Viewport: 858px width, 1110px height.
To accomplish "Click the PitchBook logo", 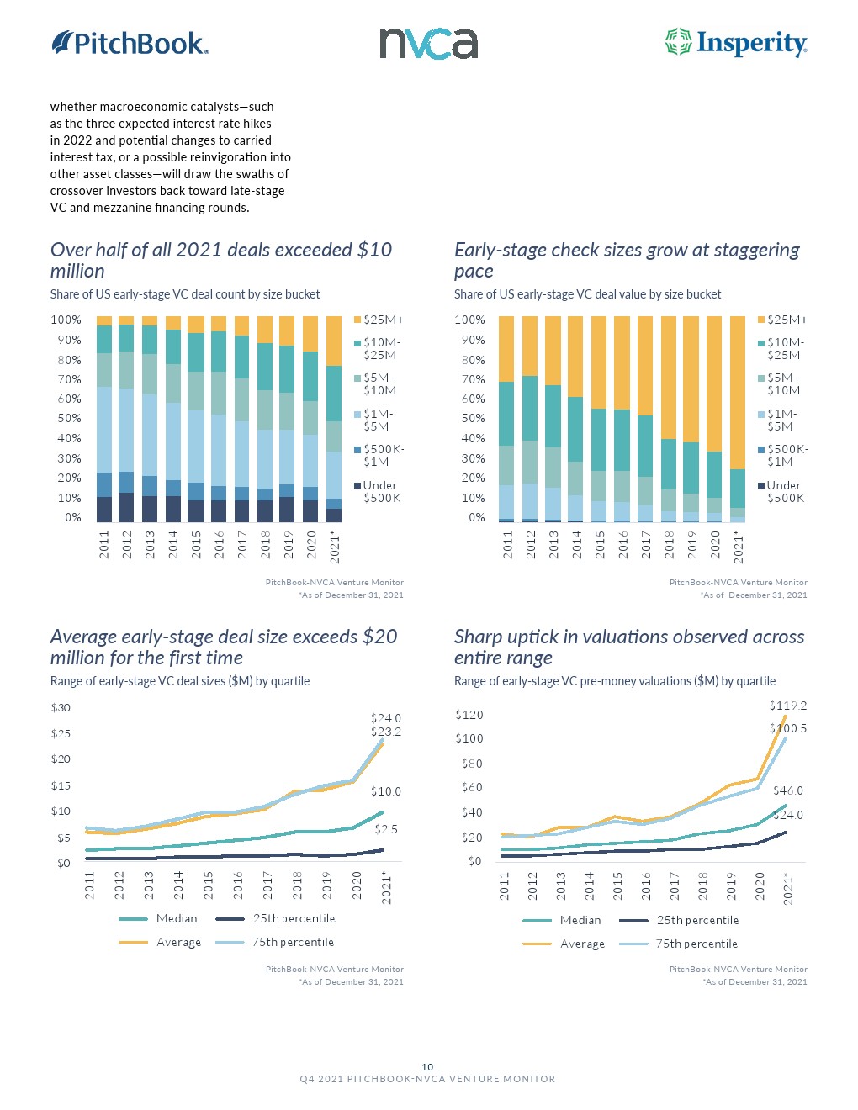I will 130,43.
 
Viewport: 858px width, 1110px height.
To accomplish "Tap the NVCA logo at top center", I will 428,44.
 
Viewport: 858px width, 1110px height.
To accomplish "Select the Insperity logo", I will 736,43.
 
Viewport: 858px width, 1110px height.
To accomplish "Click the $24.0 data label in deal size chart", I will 386,718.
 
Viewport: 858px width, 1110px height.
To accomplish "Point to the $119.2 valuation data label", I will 787,706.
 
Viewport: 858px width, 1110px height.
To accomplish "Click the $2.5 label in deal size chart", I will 386,829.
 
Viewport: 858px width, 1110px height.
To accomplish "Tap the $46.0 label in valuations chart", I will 788,790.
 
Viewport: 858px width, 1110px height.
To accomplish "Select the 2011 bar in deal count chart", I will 104,419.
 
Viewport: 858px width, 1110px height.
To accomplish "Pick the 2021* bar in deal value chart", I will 738,419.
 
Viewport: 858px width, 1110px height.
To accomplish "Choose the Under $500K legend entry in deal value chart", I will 784,492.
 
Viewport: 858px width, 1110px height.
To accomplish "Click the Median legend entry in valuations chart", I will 580,920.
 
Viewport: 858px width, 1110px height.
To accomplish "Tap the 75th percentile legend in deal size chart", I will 293,942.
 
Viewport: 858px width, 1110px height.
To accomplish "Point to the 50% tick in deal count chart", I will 66,418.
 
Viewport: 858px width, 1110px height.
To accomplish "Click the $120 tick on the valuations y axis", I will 469,715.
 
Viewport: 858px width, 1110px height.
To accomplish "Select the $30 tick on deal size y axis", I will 61,707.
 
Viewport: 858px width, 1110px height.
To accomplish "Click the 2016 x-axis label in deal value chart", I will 623,544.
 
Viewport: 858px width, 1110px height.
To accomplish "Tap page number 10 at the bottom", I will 427,1066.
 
